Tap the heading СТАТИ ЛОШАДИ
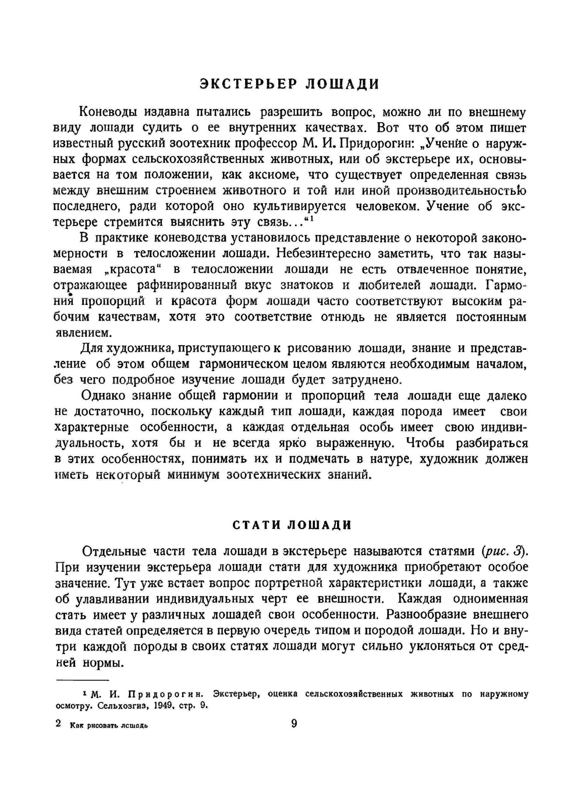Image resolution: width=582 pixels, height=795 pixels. (x=292, y=525)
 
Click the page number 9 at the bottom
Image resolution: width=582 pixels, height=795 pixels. (x=293, y=723)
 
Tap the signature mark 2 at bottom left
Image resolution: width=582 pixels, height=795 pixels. (x=58, y=724)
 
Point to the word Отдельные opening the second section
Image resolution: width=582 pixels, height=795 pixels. (x=112, y=551)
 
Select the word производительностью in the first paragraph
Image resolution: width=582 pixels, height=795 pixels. (x=462, y=191)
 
